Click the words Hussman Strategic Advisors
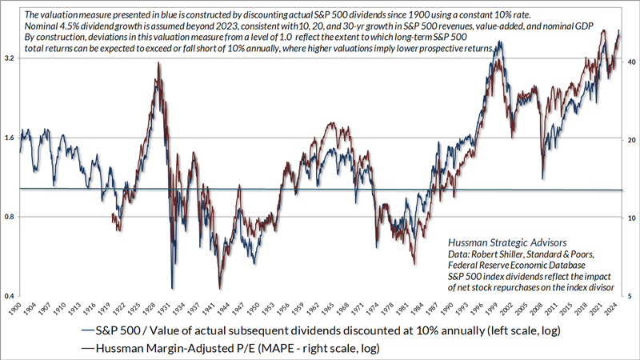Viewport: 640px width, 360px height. tap(507, 240)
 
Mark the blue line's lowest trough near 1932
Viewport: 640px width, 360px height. tap(172, 287)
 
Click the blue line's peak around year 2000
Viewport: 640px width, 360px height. tap(500, 42)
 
